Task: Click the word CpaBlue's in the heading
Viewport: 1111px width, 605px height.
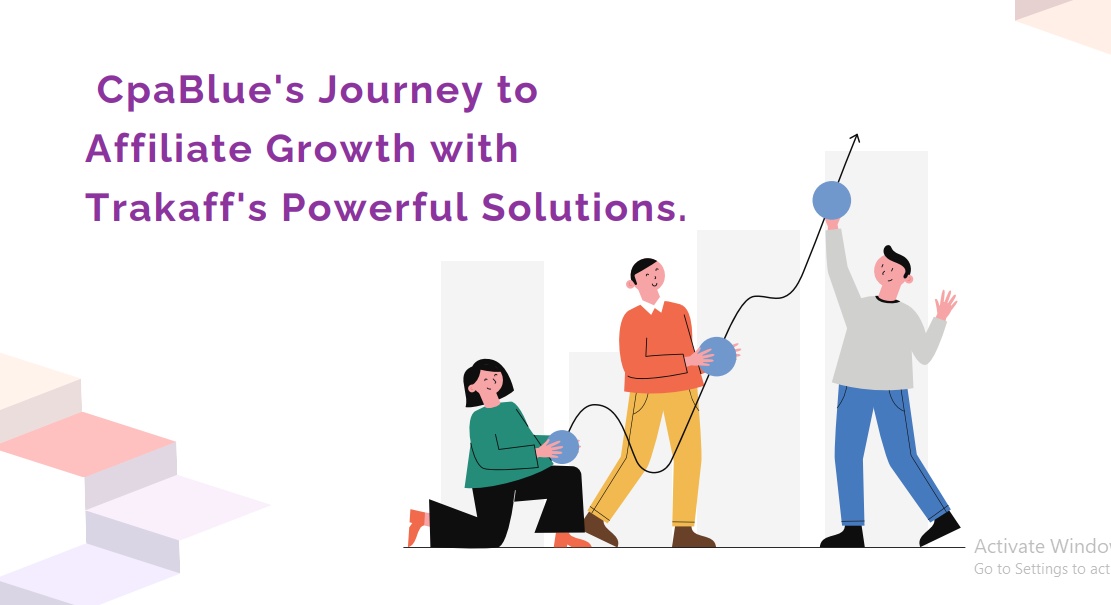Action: click(x=201, y=90)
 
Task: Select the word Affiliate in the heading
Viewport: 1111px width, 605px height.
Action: click(x=169, y=148)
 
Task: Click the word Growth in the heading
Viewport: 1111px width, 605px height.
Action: click(x=341, y=149)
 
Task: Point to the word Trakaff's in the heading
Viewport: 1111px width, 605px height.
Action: click(x=176, y=207)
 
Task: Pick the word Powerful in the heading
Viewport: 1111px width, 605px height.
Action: click(x=374, y=207)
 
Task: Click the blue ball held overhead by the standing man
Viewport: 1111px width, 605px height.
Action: click(x=832, y=200)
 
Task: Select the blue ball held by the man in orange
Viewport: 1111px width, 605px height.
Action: click(x=717, y=356)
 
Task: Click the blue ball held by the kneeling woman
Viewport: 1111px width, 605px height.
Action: click(x=564, y=446)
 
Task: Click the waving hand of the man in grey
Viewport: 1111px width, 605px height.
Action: click(x=945, y=305)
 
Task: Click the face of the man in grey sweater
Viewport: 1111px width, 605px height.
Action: click(x=891, y=273)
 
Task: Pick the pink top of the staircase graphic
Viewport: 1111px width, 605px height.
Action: click(x=88, y=443)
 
